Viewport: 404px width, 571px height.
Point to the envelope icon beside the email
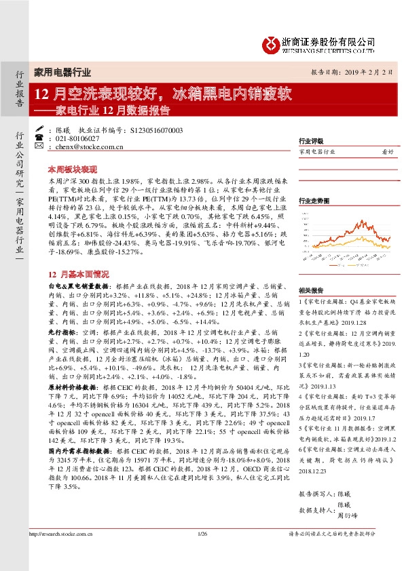(x=39, y=146)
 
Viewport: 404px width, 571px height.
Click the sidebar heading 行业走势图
(x=313, y=201)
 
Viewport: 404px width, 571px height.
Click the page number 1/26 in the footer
(x=202, y=555)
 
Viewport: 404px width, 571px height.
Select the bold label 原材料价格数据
(x=72, y=385)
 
